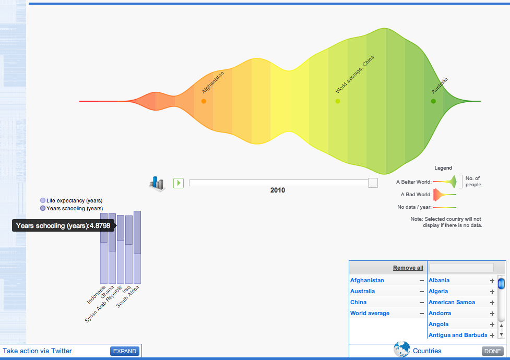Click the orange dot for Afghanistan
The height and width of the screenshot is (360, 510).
(204, 101)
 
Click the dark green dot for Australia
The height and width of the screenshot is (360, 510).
(433, 101)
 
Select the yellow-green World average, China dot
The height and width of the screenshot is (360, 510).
(338, 101)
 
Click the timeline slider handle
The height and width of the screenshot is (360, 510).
(373, 183)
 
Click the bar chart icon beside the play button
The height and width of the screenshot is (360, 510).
(157, 183)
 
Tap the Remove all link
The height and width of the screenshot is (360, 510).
(408, 268)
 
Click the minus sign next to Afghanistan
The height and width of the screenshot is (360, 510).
(421, 281)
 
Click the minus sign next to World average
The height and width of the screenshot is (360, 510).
(421, 314)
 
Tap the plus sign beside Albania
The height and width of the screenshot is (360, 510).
(492, 281)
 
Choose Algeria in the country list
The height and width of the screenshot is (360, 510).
(438, 291)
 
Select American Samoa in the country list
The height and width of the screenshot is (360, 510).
(452, 302)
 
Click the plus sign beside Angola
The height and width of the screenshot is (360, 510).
(492, 325)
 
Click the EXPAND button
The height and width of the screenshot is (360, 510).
(125, 351)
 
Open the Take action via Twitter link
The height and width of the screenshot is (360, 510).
(37, 351)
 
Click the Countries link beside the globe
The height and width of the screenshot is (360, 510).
(427, 351)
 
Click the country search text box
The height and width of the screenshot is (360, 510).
(461, 268)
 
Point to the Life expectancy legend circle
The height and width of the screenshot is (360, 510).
(43, 200)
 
